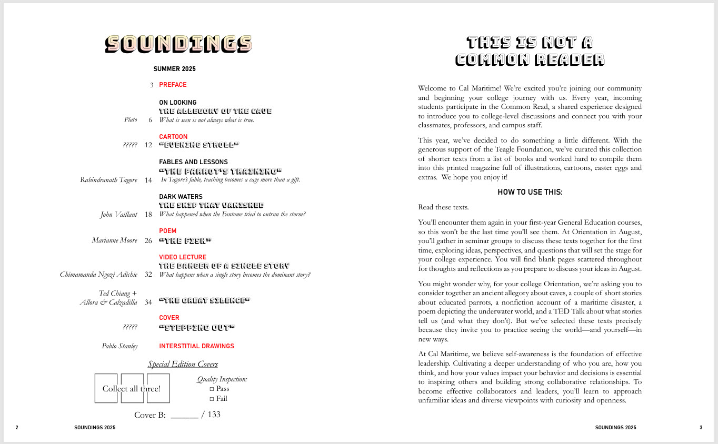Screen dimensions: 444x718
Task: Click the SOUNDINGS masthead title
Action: (178, 44)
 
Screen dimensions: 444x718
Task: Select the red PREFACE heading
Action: (173, 85)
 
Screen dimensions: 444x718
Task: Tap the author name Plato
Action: (131, 119)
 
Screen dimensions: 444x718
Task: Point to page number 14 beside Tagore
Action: (148, 180)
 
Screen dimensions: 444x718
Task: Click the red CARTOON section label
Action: (173, 137)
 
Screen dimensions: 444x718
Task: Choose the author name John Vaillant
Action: (118, 214)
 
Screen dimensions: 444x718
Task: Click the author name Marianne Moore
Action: (114, 240)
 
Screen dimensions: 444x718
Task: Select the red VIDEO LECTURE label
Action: (183, 257)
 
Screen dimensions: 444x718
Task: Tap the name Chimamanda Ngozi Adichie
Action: (98, 274)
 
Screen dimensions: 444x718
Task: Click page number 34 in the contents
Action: (148, 302)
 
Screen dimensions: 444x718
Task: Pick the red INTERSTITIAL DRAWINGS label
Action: (196, 346)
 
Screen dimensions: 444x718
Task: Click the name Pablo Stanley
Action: (119, 346)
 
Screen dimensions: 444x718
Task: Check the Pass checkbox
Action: (212, 389)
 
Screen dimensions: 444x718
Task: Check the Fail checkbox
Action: (212, 399)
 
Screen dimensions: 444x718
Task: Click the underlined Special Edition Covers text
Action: (183, 364)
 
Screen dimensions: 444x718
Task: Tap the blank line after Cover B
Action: (184, 416)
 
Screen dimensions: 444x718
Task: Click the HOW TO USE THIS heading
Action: (530, 192)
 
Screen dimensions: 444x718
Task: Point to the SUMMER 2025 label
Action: (174, 69)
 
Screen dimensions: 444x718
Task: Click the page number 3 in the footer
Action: (701, 428)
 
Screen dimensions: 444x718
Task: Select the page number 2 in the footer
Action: (17, 428)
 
